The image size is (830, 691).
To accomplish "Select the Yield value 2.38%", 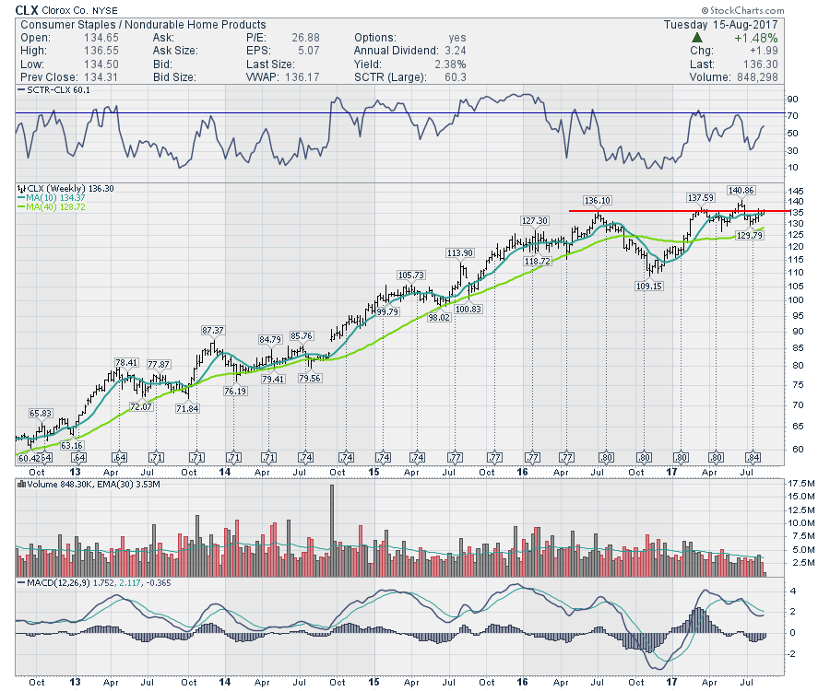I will (450, 64).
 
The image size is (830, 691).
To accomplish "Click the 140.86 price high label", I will (741, 190).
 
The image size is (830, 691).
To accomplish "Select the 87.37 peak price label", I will (214, 330).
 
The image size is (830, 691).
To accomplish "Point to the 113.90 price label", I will (460, 253).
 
